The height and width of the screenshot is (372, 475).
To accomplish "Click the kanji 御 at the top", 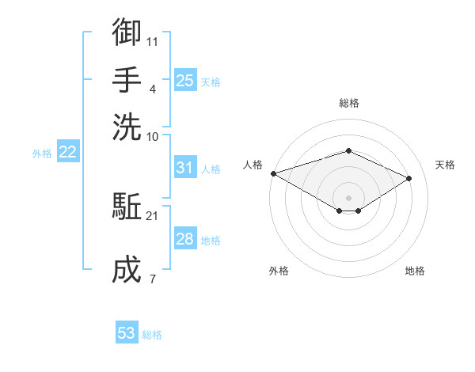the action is tap(127, 32).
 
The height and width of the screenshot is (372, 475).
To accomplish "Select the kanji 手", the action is tap(127, 79).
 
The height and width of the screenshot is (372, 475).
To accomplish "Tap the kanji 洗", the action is tap(127, 127).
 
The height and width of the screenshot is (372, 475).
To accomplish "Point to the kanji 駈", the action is tap(127, 206).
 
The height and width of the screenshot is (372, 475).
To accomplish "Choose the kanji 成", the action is tap(127, 269).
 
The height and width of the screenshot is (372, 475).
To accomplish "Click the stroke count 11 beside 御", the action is tap(152, 42).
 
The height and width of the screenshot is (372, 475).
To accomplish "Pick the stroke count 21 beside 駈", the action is tap(152, 216).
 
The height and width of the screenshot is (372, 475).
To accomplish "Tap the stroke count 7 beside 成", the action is tap(153, 279).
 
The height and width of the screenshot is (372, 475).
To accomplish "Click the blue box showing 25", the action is tap(185, 80).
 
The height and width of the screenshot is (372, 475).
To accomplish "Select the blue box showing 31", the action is tap(185, 167).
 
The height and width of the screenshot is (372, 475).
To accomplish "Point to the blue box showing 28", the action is tap(185, 237).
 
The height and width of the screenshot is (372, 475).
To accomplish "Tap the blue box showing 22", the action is tap(68, 151).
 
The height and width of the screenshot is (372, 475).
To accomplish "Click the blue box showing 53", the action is tap(127, 332).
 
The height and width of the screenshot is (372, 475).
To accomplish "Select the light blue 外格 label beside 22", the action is tap(42, 154).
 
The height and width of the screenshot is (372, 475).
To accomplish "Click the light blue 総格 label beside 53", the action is tap(152, 335).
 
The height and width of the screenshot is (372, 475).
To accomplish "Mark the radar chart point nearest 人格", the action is tap(274, 173).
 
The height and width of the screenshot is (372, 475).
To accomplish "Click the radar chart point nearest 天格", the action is tap(408, 178).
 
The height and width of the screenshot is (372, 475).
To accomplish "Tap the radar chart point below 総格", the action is tap(348, 150).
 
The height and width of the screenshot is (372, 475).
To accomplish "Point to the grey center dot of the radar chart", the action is tap(348, 198).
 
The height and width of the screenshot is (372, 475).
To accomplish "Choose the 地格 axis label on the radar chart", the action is tap(415, 271).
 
